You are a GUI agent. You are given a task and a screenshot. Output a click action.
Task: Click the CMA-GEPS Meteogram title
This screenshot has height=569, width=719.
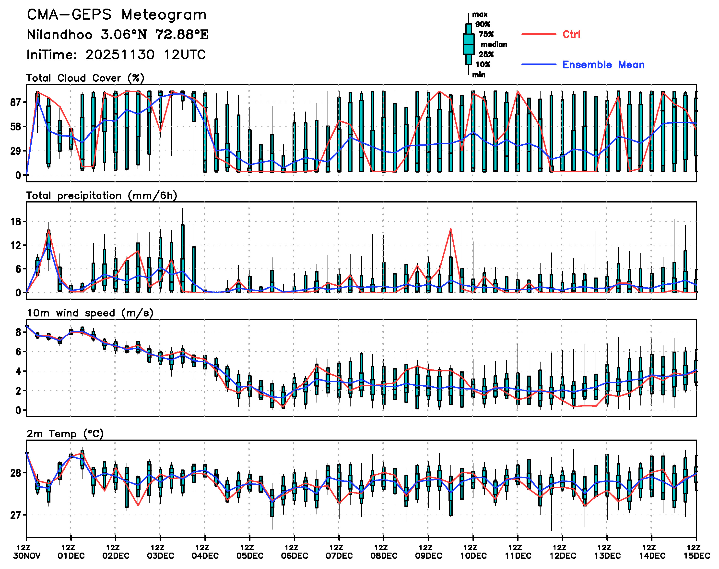point(117,15)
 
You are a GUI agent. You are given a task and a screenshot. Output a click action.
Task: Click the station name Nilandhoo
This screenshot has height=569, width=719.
point(59,35)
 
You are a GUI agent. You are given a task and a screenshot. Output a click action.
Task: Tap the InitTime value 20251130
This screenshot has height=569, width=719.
point(120,55)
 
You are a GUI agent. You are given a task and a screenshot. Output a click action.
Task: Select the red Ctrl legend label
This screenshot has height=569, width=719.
point(571,34)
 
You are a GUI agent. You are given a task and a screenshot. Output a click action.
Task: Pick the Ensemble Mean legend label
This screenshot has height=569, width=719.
point(603,65)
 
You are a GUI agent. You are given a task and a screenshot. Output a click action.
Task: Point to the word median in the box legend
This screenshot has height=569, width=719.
point(494,45)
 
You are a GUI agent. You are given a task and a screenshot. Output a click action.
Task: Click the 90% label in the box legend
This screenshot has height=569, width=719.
point(483,24)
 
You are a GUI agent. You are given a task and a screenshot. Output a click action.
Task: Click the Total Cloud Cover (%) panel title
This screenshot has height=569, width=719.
point(85,78)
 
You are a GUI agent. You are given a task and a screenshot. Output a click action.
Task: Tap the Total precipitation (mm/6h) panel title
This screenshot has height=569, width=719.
point(102,196)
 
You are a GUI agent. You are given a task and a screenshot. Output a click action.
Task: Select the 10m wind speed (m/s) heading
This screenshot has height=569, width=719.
point(90,313)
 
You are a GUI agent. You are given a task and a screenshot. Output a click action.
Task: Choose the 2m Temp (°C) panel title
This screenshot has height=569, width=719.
point(65,434)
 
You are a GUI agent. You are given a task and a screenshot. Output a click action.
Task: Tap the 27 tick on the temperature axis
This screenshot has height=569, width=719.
point(16,515)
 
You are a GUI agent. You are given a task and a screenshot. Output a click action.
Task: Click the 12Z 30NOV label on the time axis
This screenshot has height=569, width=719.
point(27,552)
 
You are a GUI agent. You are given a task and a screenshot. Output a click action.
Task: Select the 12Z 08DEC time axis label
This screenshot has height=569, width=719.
point(384,552)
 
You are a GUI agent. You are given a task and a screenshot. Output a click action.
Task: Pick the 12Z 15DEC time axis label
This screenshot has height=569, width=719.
point(696,552)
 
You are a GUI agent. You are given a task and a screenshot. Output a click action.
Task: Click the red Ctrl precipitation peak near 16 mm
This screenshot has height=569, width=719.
point(450,229)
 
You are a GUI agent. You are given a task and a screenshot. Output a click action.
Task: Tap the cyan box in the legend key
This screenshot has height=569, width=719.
point(469,44)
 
